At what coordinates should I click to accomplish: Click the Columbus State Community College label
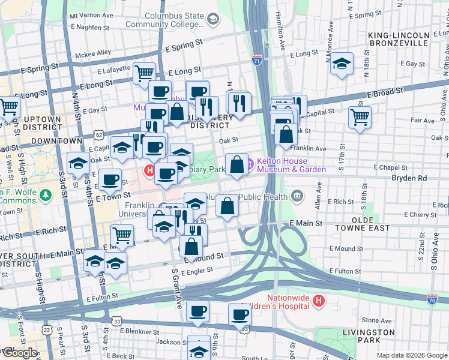(164, 19)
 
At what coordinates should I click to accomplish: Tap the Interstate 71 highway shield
(256, 60)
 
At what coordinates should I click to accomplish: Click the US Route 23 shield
(47, 329)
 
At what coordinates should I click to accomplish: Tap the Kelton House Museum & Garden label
(291, 165)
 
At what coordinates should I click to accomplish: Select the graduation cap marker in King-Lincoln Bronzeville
(342, 64)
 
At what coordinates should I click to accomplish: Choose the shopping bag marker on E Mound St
(191, 245)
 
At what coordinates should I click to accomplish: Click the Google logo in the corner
(19, 353)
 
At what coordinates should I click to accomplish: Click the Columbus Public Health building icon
(297, 196)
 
